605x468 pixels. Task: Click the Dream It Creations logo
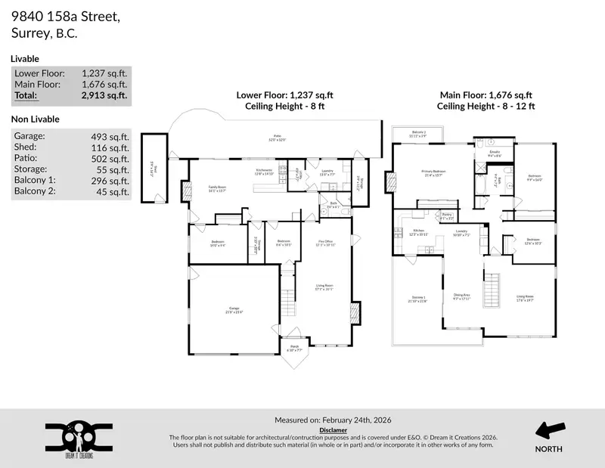click(x=79, y=437)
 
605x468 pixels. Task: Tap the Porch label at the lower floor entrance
click(x=295, y=349)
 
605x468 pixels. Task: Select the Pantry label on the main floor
click(x=468, y=216)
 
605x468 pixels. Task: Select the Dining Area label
click(x=462, y=296)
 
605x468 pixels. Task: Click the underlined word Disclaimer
click(x=333, y=429)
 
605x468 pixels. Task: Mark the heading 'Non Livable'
click(x=36, y=119)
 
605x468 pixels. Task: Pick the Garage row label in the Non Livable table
click(x=29, y=136)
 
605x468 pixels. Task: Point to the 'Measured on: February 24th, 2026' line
click(x=333, y=420)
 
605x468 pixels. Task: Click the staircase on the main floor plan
click(x=492, y=288)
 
